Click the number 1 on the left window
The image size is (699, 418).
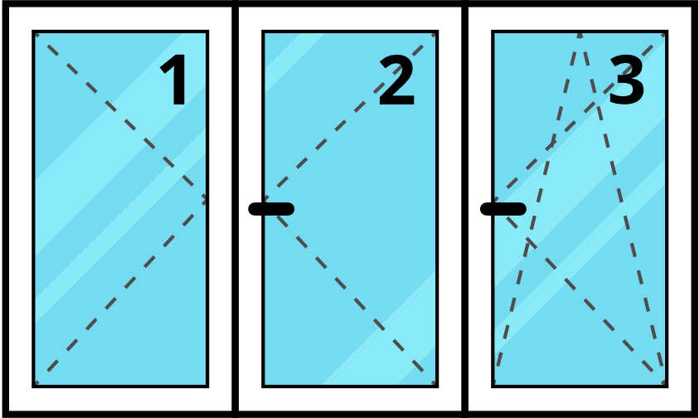pyautogui.click(x=175, y=81)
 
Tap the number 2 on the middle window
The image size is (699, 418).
pyautogui.click(x=396, y=81)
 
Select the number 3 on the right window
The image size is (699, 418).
pyautogui.click(x=627, y=81)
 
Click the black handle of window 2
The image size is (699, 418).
pyautogui.click(x=271, y=209)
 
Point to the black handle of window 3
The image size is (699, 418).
pyautogui.click(x=503, y=209)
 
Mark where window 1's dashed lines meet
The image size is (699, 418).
pyautogui.click(x=205, y=199)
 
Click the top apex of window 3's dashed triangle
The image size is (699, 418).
pyautogui.click(x=580, y=33)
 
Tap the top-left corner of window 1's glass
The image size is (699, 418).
pyautogui.click(x=35, y=33)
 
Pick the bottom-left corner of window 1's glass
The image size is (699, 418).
pyautogui.click(x=35, y=385)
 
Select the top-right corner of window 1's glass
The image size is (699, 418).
pyautogui.click(x=206, y=33)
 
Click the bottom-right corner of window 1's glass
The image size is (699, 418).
pyautogui.click(x=206, y=385)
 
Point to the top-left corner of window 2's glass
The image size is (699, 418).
pyautogui.click(x=265, y=33)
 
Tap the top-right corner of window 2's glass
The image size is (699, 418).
pyautogui.click(x=436, y=33)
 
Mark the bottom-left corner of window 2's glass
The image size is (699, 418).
pyautogui.click(x=265, y=385)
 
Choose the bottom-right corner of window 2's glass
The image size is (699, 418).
pyautogui.click(x=436, y=385)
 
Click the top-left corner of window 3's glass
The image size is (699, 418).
pyautogui.click(x=494, y=33)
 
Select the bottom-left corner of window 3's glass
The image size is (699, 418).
pyautogui.click(x=494, y=385)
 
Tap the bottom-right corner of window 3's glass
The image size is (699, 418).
pyautogui.click(x=666, y=385)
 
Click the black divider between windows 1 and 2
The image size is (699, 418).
pyautogui.click(x=235, y=209)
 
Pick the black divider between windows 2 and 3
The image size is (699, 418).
pyautogui.click(x=465, y=209)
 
